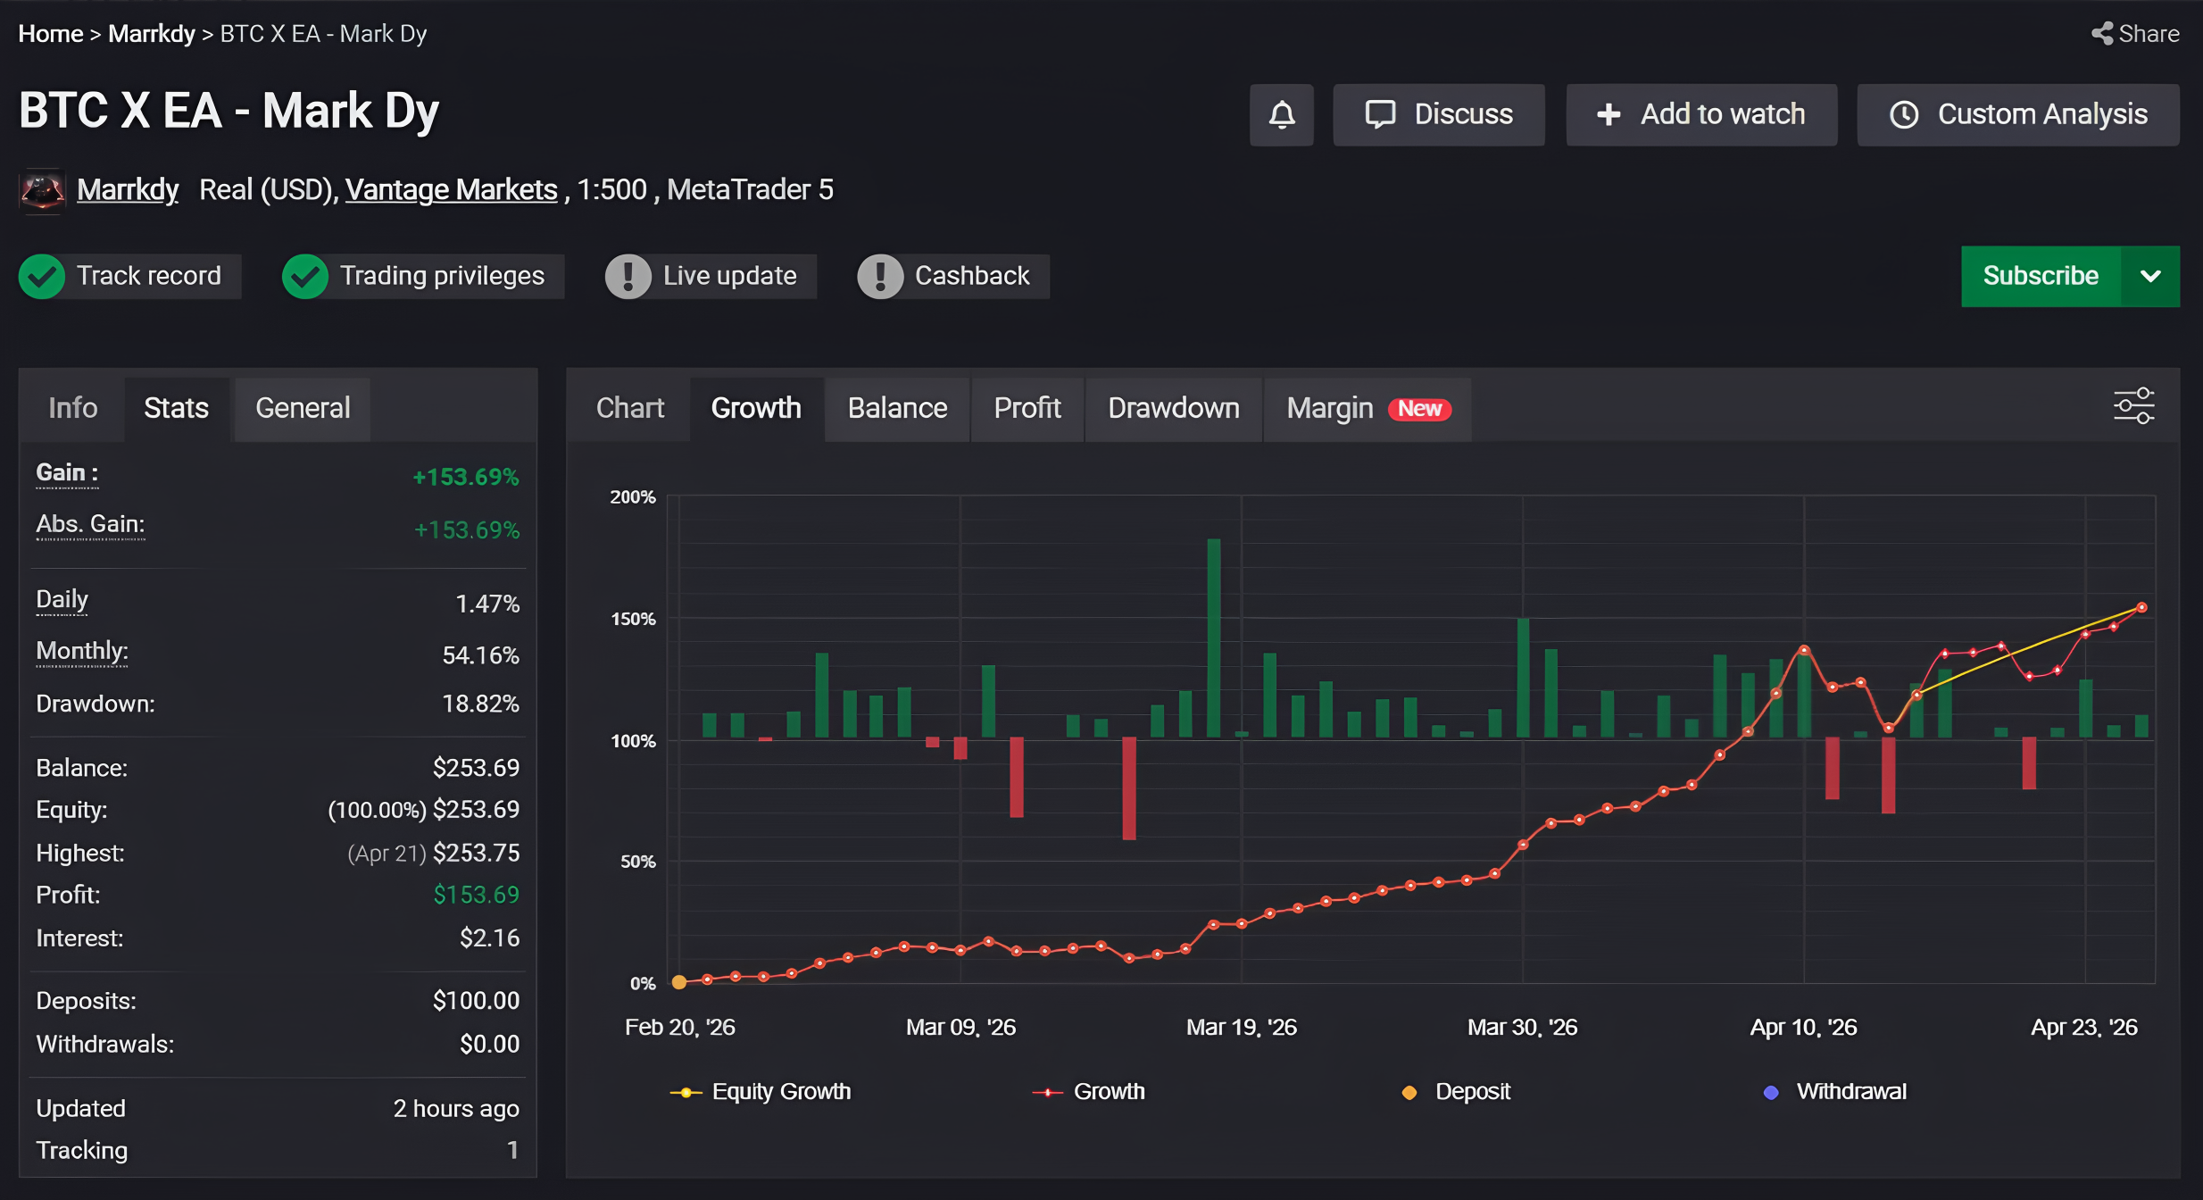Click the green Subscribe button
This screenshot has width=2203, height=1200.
click(x=2041, y=276)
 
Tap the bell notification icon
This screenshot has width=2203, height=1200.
click(x=1282, y=114)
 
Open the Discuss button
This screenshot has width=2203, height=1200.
click(x=1439, y=114)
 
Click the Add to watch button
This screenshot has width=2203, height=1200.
click(x=1701, y=114)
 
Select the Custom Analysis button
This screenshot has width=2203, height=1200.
click(x=2018, y=114)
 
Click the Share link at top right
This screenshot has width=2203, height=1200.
click(x=2135, y=34)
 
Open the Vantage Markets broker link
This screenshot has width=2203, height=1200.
click(x=452, y=189)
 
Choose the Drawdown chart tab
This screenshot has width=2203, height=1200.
click(x=1174, y=408)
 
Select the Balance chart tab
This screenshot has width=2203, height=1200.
click(x=897, y=408)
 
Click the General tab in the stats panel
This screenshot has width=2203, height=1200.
click(x=303, y=408)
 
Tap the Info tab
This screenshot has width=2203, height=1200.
click(x=73, y=408)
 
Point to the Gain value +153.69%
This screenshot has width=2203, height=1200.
click(x=465, y=477)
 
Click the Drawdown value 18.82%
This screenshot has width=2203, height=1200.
click(x=480, y=704)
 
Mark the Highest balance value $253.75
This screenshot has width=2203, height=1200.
click(x=476, y=853)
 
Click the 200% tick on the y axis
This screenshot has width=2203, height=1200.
click(x=633, y=496)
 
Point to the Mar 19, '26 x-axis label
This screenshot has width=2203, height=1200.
click(x=1241, y=1027)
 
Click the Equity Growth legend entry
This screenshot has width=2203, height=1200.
click(x=761, y=1091)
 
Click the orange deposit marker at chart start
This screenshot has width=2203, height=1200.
click(x=679, y=982)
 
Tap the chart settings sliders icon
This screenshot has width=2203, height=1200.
click(x=2133, y=406)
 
